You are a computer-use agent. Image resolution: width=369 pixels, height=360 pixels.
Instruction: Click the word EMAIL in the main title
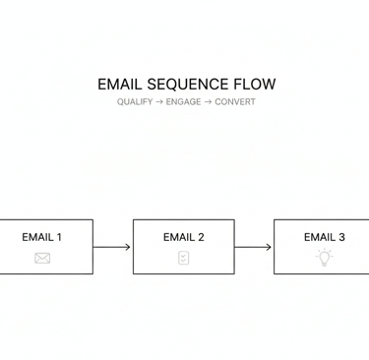(x=120, y=85)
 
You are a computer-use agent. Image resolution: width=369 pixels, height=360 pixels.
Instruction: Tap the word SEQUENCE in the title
(x=187, y=85)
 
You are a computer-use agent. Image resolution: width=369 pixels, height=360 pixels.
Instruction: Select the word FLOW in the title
(x=255, y=85)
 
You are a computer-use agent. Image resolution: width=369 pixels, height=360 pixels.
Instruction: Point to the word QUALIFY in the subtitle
(x=134, y=102)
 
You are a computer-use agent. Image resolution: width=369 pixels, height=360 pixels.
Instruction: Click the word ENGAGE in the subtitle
(x=184, y=102)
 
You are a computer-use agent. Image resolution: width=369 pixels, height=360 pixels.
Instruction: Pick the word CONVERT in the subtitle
(x=235, y=102)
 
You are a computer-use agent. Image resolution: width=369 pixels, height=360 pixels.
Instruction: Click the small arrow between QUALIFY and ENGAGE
(x=158, y=102)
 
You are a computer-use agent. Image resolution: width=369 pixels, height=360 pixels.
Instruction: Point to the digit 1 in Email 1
(x=59, y=237)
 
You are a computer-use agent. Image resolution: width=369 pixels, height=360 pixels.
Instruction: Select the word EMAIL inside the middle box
(x=178, y=237)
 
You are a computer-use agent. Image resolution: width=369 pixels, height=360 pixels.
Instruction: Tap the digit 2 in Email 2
(x=201, y=237)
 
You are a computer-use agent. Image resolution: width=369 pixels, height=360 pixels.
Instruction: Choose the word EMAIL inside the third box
(x=319, y=237)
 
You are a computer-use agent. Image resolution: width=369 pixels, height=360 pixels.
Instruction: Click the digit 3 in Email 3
(x=341, y=237)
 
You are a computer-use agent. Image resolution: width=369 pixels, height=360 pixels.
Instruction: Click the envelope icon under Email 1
(x=42, y=258)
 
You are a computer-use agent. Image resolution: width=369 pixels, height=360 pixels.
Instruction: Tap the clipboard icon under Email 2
(x=183, y=258)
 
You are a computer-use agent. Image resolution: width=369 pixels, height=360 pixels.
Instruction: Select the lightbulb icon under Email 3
(x=324, y=258)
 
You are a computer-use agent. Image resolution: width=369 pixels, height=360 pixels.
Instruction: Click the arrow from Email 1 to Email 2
(x=112, y=247)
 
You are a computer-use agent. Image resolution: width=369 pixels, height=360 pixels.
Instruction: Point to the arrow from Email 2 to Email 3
(x=253, y=247)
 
